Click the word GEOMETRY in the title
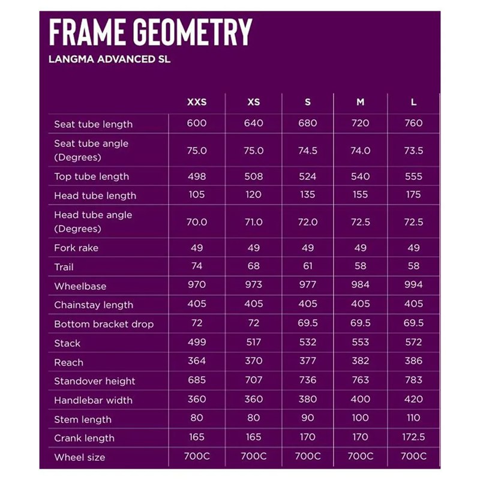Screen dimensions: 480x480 (x=192, y=32)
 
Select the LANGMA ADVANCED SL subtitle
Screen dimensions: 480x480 (x=109, y=60)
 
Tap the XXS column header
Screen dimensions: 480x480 (x=197, y=102)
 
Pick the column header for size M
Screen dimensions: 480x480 (x=360, y=102)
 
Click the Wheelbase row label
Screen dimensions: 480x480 (x=80, y=286)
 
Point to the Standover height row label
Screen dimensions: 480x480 (x=95, y=381)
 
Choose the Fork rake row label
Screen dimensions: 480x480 (x=76, y=248)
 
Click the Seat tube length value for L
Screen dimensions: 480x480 (x=413, y=123)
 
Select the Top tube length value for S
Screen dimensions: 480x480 (x=308, y=176)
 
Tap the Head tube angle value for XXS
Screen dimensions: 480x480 (x=197, y=222)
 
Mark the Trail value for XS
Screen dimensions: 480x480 (x=254, y=266)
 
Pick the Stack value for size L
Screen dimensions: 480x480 (x=413, y=342)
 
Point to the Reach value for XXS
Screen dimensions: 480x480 (x=197, y=361)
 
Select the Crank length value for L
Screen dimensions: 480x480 (x=413, y=437)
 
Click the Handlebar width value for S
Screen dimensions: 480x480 (x=308, y=399)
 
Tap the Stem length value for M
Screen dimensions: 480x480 (x=360, y=418)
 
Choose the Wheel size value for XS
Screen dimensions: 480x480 (x=254, y=457)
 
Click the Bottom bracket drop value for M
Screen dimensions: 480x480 (x=360, y=323)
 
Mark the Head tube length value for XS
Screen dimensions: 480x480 (x=254, y=194)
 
